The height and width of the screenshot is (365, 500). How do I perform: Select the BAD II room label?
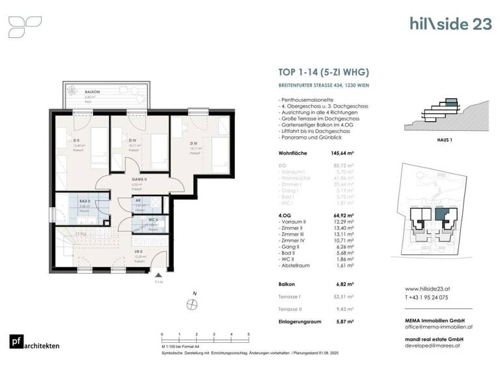point(75,201)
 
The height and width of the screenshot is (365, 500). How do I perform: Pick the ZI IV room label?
point(132,140)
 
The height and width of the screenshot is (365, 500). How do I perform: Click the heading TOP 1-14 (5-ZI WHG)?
point(318,73)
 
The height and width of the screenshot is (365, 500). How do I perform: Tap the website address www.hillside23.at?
point(430,289)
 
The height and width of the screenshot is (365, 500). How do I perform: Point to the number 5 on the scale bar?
point(249,334)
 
